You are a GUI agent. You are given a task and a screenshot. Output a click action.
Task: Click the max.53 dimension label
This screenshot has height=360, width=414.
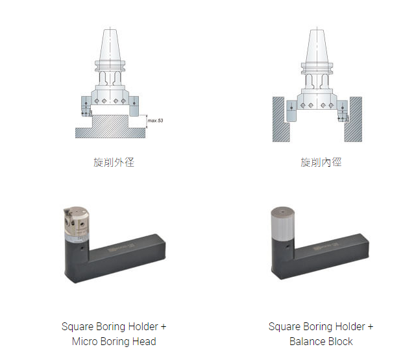pos(155,121)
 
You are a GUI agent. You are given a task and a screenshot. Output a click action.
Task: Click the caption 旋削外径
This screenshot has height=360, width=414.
pos(114,162)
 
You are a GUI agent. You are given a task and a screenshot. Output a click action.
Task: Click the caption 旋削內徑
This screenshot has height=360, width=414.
pos(321,162)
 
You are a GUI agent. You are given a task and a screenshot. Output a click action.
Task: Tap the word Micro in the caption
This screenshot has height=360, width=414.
pos(84,342)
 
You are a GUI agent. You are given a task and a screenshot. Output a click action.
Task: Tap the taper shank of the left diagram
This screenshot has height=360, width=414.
pos(110,45)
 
